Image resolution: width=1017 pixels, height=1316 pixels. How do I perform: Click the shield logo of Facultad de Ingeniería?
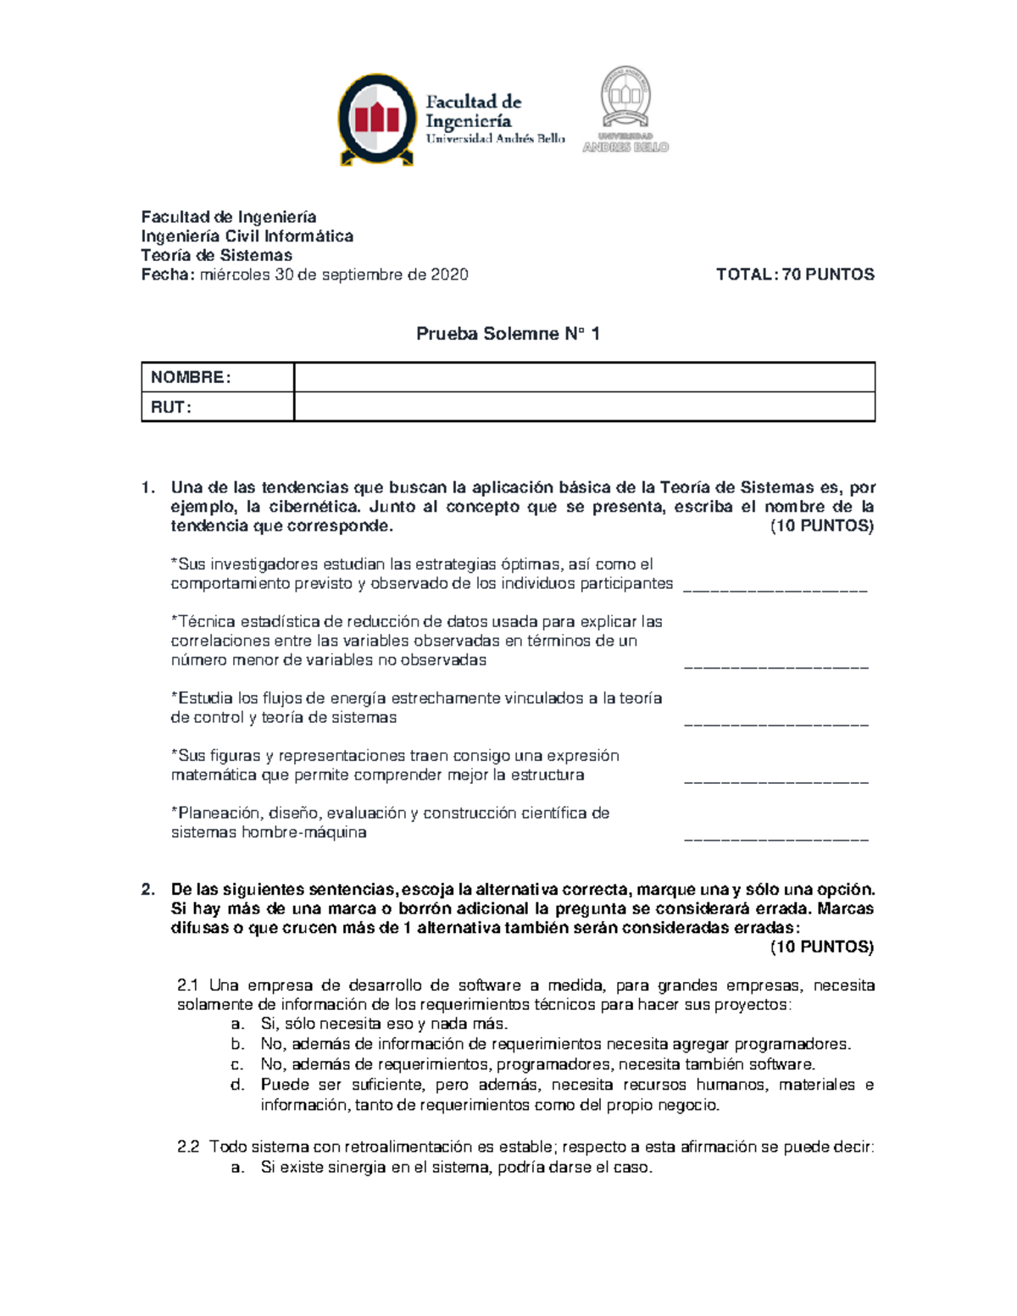point(376,119)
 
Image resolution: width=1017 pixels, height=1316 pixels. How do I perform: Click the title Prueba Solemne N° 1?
point(508,334)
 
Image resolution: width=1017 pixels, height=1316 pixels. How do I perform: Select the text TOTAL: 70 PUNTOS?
point(795,275)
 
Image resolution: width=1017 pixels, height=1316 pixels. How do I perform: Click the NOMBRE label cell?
point(217,377)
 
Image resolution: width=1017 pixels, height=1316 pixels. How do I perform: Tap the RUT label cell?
point(217,407)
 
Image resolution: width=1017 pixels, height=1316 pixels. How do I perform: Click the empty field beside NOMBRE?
point(584,377)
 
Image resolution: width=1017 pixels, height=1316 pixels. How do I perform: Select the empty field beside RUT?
point(584,407)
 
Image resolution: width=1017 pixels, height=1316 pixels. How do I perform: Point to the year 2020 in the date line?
point(449,275)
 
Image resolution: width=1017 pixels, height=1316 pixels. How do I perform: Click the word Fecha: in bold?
point(168,275)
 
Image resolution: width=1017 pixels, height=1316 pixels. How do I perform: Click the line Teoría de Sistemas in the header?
point(216,255)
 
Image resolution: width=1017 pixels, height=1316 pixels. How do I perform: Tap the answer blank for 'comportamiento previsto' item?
point(775,587)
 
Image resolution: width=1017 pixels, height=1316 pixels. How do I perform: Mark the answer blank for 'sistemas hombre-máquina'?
point(775,837)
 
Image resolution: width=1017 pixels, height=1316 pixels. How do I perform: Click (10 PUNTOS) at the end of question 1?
point(821,526)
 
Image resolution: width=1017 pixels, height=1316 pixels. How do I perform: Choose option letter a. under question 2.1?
point(237,1024)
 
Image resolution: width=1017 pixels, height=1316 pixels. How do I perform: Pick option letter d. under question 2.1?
point(237,1085)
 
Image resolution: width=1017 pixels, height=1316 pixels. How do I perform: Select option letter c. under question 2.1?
point(237,1065)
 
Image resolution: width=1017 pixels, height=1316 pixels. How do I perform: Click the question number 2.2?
point(188,1147)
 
